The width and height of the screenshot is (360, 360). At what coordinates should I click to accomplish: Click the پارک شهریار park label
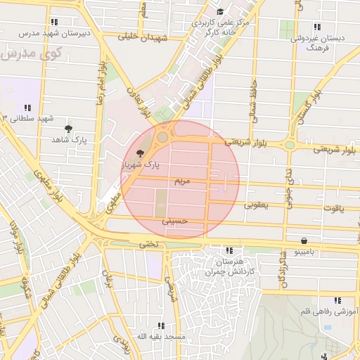(139, 165)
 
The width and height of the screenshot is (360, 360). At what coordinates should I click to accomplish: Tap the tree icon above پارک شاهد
(68, 129)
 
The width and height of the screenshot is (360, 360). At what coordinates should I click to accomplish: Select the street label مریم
(182, 181)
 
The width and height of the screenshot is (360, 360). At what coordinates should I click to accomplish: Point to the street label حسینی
(176, 221)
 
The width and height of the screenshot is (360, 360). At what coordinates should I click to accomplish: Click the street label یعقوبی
(256, 205)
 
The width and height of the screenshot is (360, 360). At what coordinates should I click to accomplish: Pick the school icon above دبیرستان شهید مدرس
(55, 22)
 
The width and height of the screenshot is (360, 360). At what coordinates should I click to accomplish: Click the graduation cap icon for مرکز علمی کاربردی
(220, 11)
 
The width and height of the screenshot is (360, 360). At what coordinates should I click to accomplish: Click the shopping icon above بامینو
(304, 240)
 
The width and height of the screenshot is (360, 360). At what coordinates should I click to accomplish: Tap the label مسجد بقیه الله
(161, 337)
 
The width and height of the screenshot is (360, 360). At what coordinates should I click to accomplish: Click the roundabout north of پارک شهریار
(163, 137)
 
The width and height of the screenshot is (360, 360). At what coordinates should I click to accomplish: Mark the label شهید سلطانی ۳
(28, 118)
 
